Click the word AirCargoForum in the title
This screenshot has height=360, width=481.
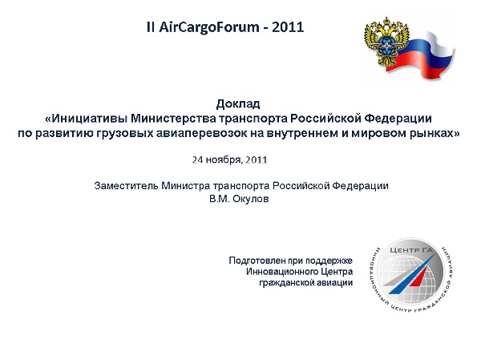pyautogui.click(x=209, y=27)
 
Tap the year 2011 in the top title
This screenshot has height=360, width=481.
pyautogui.click(x=288, y=27)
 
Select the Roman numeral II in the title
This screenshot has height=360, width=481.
pyautogui.click(x=151, y=27)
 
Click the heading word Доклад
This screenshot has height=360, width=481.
pyautogui.click(x=238, y=104)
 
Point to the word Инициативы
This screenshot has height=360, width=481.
pyautogui.click(x=89, y=119)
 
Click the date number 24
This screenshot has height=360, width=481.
pyautogui.click(x=197, y=160)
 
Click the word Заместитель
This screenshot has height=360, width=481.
pyautogui.click(x=127, y=186)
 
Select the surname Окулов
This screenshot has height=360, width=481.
pyautogui.click(x=251, y=199)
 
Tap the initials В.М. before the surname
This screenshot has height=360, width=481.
pyautogui.click(x=220, y=199)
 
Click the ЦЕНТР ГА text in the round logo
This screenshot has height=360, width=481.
pyautogui.click(x=411, y=250)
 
